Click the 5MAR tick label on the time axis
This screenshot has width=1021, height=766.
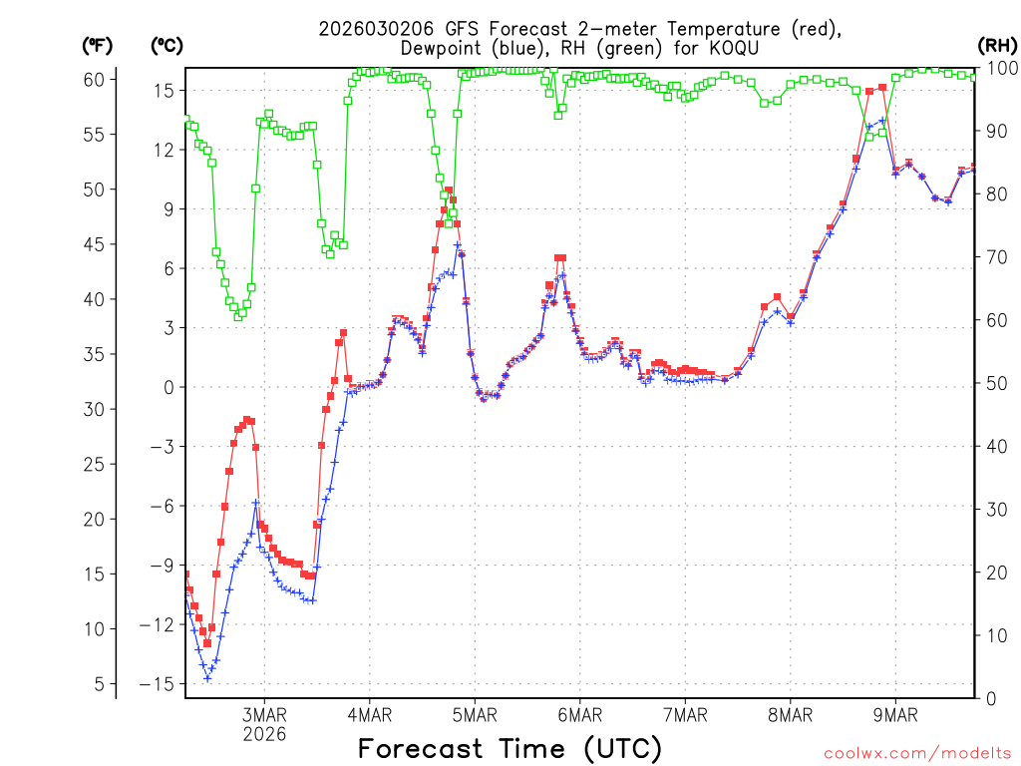tap(475, 714)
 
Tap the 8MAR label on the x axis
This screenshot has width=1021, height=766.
tap(790, 714)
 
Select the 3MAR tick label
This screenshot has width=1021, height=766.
tap(264, 714)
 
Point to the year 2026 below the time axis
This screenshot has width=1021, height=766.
tap(264, 734)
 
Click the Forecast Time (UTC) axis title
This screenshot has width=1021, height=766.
tap(510, 748)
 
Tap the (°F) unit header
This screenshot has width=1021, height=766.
tap(98, 46)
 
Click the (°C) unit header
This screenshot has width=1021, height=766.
tap(167, 46)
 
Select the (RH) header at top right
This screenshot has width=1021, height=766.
tap(996, 46)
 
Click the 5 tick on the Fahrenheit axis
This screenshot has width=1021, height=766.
tap(98, 684)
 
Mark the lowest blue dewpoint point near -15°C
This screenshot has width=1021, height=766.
tap(207, 678)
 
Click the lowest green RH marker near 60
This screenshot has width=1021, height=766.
tap(238, 316)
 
